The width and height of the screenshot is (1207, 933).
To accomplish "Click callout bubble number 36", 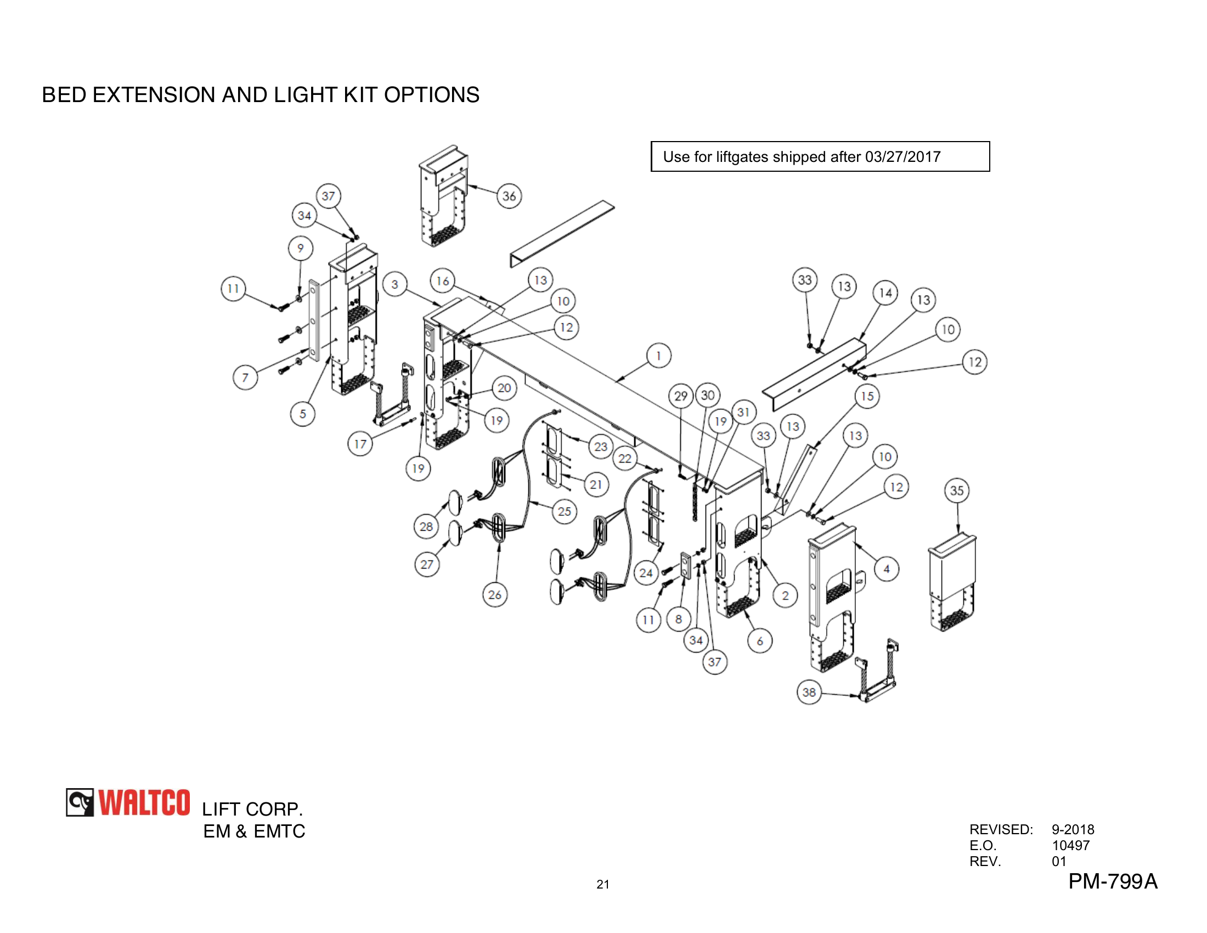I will (509, 196).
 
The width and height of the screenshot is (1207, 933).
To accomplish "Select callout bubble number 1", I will (658, 356).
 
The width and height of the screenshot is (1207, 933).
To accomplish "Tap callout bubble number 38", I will (809, 692).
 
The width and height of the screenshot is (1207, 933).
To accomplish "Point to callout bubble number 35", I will (957, 490).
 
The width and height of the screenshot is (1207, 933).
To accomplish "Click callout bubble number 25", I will (564, 512).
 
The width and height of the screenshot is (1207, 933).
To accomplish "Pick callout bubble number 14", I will (885, 293).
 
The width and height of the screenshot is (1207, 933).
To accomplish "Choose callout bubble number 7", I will (245, 378).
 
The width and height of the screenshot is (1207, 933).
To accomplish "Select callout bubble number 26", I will (495, 595).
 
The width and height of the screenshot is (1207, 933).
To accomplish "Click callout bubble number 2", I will (785, 595).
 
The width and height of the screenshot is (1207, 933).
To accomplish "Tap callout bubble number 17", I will (360, 444).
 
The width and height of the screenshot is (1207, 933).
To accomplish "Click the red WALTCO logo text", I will (144, 802).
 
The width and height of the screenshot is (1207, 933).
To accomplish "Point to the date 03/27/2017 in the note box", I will (903, 157).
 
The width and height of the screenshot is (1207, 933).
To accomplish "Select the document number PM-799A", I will (1112, 881).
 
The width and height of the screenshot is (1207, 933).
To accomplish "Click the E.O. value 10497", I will (1070, 845).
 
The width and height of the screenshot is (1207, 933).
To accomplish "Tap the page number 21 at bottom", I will (602, 884).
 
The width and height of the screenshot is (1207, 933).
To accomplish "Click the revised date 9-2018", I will (1072, 829).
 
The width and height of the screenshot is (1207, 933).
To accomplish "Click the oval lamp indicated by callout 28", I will (455, 502).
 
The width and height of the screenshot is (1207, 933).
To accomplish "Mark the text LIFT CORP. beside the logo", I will (252, 809).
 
